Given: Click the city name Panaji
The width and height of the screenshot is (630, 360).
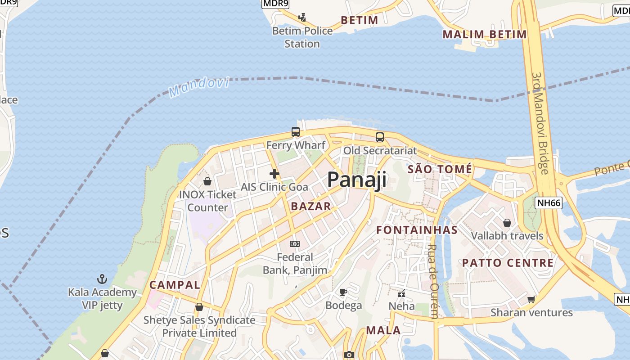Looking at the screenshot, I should tap(356, 180).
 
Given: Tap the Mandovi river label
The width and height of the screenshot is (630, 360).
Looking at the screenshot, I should tap(199, 87).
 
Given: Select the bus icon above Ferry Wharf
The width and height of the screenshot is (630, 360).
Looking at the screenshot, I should tap(296, 132).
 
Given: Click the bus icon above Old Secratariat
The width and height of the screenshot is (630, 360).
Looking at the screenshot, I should tap(380, 137).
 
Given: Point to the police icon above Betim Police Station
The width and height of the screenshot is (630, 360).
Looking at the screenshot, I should tap(302, 18).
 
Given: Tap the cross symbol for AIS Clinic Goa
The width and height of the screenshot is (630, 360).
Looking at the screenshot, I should tap(274, 174).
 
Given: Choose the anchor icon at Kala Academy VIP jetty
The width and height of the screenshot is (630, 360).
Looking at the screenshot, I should tap(103, 279).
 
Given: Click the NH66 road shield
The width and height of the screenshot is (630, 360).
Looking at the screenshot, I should tap(549, 203).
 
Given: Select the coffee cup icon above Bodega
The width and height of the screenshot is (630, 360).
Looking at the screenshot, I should tap(343, 292).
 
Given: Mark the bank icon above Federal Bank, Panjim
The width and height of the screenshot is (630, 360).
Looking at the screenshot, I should tap(295, 244).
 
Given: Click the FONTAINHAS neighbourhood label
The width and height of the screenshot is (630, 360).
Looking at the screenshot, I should tap(417, 230).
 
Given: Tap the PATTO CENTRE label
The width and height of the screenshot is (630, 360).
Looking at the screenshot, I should tap(508, 263).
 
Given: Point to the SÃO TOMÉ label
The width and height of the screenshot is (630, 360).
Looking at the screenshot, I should tap(440, 169).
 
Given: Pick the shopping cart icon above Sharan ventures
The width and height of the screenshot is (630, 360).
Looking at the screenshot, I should tap(531, 299).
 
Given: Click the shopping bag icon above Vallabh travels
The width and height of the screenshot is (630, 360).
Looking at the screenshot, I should tap(507, 223).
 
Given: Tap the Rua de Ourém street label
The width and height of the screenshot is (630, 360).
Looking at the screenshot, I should tap(433, 281).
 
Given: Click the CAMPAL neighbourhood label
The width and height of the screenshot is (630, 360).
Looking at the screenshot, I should tap(175, 285).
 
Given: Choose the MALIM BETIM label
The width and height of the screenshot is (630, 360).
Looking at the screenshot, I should tap(484, 34).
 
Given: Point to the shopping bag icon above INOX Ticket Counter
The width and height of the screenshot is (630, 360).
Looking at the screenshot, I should tap(207, 181).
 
